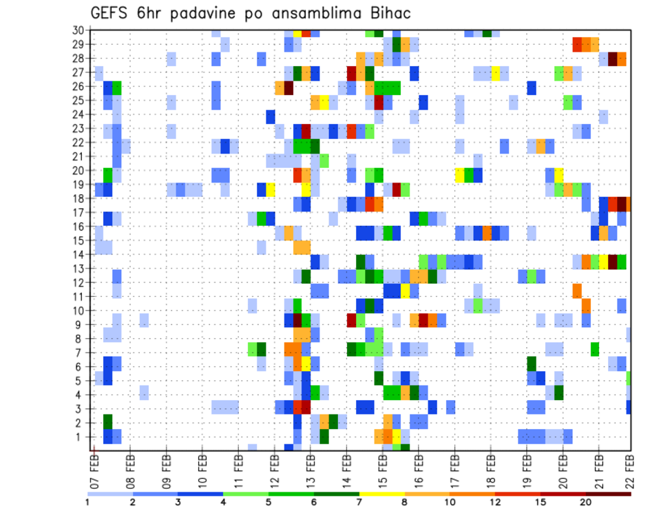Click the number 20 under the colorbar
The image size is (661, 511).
[x=586, y=502]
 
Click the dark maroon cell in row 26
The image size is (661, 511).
[x=289, y=87]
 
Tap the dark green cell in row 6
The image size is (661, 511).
[x=532, y=363]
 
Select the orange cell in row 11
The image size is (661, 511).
[x=577, y=290]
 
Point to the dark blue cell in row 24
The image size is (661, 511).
[x=271, y=116]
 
